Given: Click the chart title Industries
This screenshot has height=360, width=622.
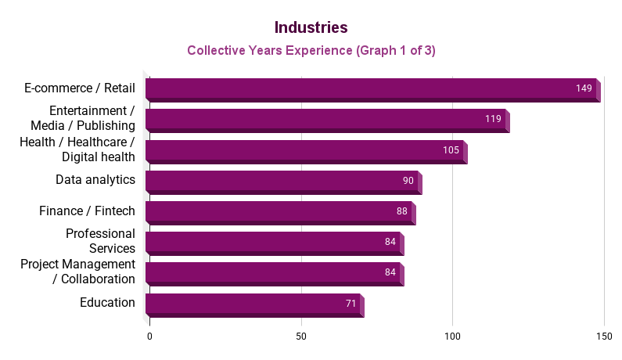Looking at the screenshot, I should pos(311,27).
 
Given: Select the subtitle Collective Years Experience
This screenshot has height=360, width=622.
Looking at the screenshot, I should pos(311,51).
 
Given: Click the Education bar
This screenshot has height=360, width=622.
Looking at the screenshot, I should pos(250,303).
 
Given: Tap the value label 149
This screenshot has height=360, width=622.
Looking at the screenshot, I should pos(584,88).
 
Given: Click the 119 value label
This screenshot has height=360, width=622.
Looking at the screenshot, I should pos(493,120).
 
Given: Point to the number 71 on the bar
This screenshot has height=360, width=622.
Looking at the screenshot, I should pos(351,303).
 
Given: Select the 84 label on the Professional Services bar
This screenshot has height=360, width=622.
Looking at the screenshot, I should pos(390,242).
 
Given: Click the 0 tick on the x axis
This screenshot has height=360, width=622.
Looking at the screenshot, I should pos(149,336).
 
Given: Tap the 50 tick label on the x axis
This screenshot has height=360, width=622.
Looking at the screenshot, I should pos(301,336).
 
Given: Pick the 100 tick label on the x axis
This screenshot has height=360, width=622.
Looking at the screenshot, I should pos(452,336).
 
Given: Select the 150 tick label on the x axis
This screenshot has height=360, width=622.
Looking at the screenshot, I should pos(603,336).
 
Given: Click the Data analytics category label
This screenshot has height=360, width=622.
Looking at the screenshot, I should pos(95,180).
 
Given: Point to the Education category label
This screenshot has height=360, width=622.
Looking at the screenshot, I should pos(107,303).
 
